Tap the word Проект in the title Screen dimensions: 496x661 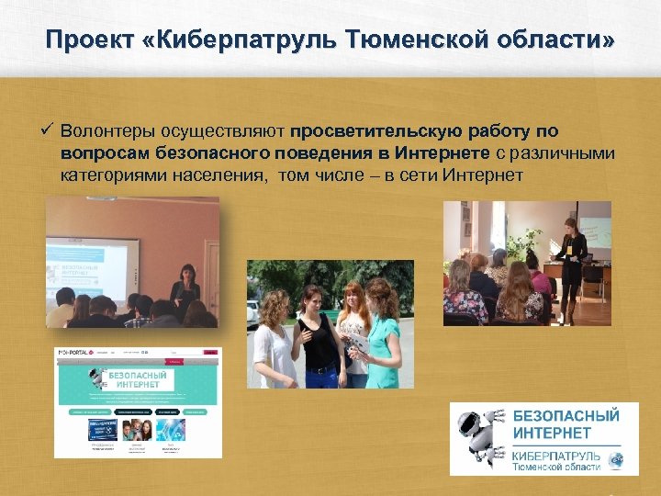coord(88,42)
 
